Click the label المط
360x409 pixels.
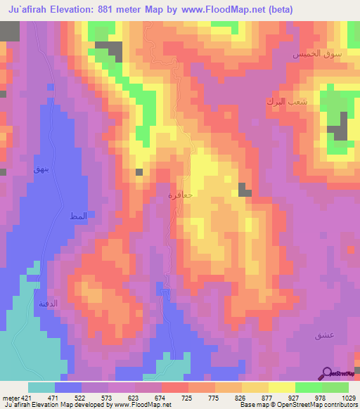point(77,215)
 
